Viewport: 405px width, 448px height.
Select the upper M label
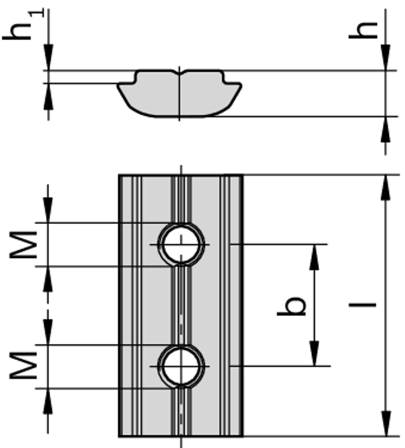24,244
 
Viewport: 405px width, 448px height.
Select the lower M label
24,366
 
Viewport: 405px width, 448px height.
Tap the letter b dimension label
292,305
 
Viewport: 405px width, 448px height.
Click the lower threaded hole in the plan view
181,366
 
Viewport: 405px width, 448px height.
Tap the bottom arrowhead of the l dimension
385,423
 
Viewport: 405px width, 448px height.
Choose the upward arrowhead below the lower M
48,400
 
